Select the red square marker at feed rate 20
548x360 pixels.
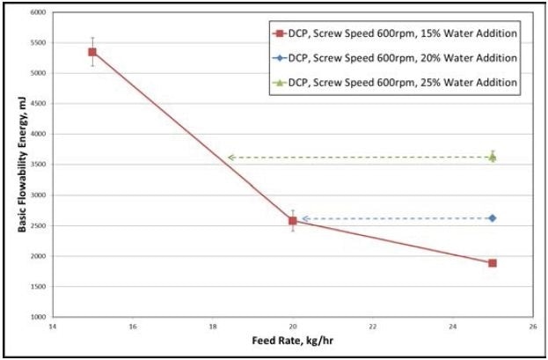293,221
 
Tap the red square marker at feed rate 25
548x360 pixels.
493,263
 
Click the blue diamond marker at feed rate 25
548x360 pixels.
493,218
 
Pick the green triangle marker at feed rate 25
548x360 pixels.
493,158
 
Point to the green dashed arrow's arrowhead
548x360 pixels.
230,158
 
